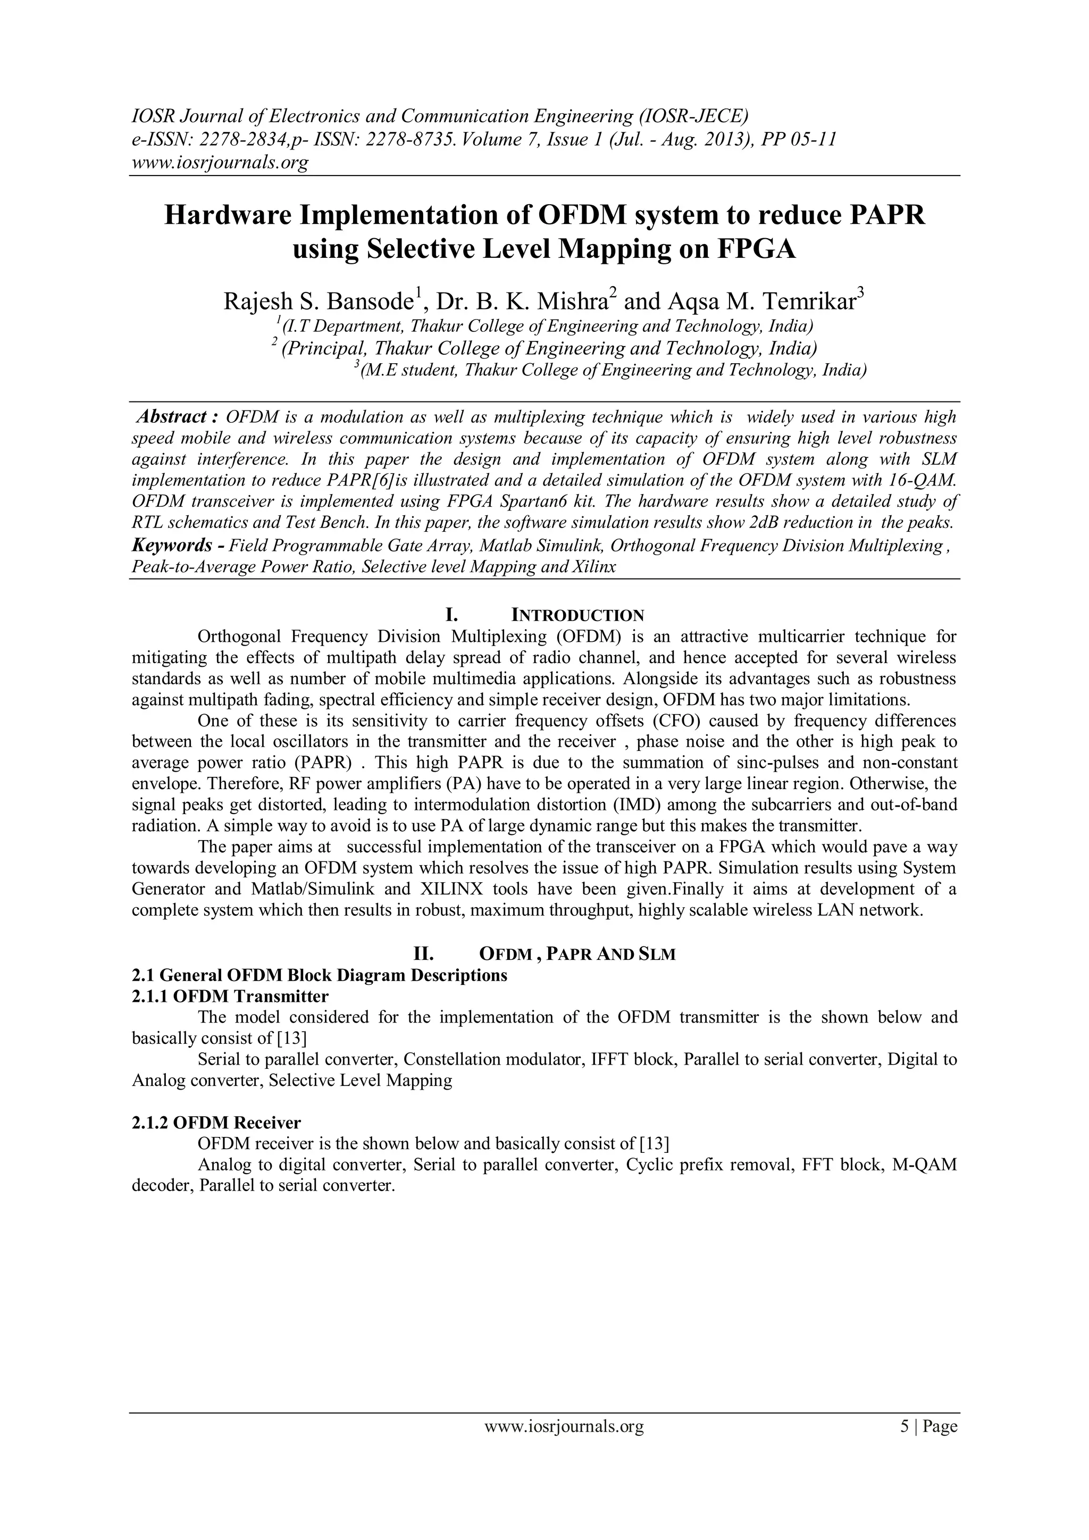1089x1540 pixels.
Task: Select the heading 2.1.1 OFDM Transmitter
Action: tap(230, 996)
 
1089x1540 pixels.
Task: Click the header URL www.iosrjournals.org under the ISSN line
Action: tap(219, 162)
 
